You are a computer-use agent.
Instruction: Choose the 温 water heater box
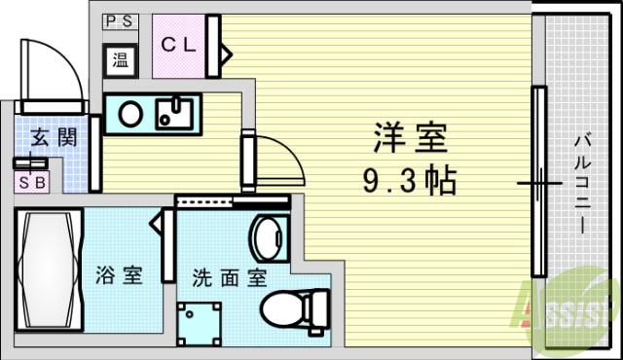(x=121, y=60)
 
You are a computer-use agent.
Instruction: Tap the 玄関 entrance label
(x=55, y=137)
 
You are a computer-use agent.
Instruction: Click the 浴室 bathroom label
(x=119, y=274)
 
